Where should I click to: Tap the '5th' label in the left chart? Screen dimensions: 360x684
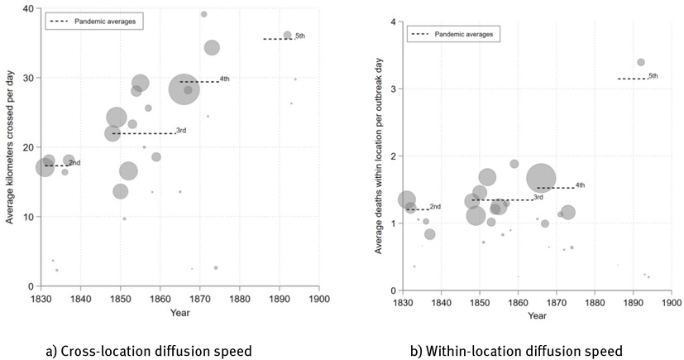[299, 36]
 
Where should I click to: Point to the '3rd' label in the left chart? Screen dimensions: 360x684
[180, 130]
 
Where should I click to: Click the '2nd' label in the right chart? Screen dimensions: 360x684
[435, 206]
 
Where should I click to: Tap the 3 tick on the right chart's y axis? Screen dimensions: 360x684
[392, 89]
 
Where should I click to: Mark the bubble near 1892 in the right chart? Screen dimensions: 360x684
[640, 62]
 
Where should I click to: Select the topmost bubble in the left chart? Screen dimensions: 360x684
[203, 14]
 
